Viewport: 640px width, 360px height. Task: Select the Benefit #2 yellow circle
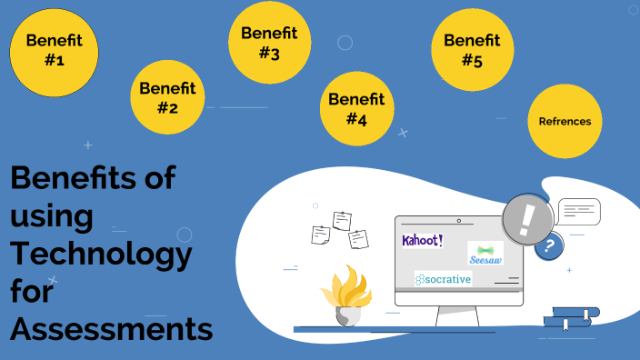pyautogui.click(x=166, y=98)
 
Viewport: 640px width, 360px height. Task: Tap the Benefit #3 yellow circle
pyautogui.click(x=268, y=43)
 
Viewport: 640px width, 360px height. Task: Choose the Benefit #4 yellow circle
pyautogui.click(x=355, y=108)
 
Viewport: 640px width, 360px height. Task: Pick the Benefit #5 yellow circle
pyautogui.click(x=471, y=50)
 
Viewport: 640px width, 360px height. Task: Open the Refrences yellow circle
pyautogui.click(x=565, y=121)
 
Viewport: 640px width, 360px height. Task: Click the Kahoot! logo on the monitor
pyautogui.click(x=423, y=241)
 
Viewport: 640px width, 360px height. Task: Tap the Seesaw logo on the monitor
pyautogui.click(x=485, y=254)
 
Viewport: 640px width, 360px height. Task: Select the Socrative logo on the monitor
pyautogui.click(x=443, y=279)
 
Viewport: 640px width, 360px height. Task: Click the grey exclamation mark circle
pyautogui.click(x=527, y=220)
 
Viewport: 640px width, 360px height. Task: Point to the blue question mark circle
pyautogui.click(x=547, y=245)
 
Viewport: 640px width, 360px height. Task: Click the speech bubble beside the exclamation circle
pyautogui.click(x=579, y=212)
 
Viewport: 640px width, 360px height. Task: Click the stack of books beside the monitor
pyautogui.click(x=571, y=317)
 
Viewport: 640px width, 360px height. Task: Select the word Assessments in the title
pyautogui.click(x=111, y=329)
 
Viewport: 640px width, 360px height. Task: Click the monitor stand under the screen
pyautogui.click(x=457, y=315)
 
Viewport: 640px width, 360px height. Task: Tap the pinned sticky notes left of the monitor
pyautogui.click(x=341, y=229)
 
